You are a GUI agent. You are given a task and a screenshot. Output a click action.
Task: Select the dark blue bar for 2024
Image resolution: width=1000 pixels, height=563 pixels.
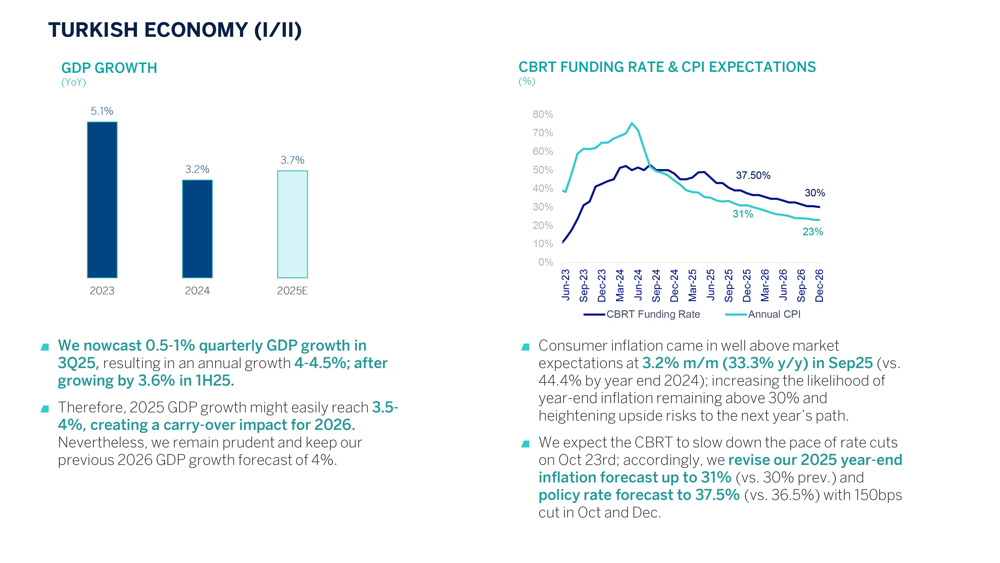197,229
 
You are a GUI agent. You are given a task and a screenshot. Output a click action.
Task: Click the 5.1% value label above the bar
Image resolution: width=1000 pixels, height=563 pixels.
102,111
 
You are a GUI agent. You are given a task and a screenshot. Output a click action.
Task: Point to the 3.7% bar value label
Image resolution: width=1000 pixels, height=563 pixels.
292,160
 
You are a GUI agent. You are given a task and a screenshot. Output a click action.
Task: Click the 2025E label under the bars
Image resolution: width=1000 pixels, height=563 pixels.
292,291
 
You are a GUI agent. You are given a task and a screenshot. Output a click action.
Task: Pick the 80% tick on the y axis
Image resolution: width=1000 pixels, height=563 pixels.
543,114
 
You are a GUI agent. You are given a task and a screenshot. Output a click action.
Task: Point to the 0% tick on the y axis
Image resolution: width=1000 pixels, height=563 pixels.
545,262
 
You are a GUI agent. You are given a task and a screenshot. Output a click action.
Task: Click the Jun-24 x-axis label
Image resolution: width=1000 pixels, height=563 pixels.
638,285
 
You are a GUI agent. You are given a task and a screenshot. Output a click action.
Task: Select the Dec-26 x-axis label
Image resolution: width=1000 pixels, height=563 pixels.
819,286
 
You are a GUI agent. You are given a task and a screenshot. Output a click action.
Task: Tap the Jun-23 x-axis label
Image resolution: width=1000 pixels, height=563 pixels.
565,285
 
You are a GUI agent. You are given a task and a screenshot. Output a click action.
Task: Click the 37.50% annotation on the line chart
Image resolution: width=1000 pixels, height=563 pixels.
753,175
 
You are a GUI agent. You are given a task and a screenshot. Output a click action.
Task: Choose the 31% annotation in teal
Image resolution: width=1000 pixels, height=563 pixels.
742,214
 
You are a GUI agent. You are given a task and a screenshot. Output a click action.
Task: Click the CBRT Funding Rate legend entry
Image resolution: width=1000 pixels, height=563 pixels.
653,314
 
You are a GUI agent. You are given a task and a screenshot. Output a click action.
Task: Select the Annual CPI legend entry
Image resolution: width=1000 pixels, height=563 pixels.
774,314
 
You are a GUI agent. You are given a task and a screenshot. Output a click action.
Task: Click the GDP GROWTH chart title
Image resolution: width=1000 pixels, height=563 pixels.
109,68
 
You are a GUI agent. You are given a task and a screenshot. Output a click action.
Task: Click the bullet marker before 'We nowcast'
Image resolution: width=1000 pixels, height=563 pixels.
45,347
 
